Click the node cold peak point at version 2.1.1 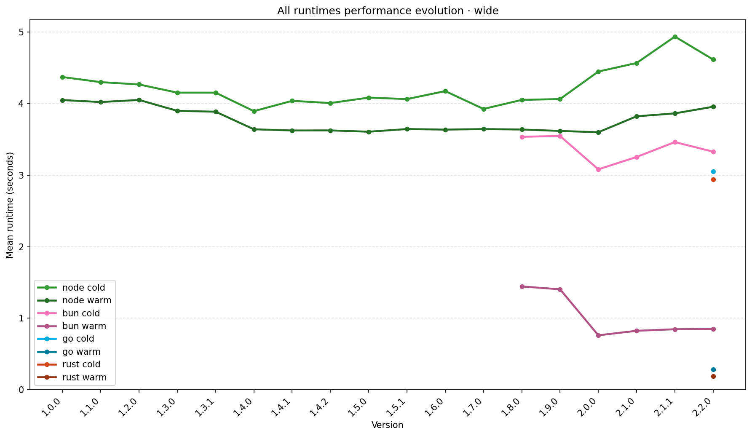[675, 37]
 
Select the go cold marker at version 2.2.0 [713, 171]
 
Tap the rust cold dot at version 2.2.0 [713, 179]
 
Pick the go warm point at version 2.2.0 [713, 369]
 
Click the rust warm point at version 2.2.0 [713, 376]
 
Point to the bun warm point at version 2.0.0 [598, 335]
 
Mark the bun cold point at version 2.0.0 [598, 169]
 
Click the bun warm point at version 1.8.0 [522, 286]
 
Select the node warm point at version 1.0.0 [62, 100]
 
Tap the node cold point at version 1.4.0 [254, 111]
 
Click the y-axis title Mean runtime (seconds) [10, 205]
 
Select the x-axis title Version [387, 425]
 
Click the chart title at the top [387, 11]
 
